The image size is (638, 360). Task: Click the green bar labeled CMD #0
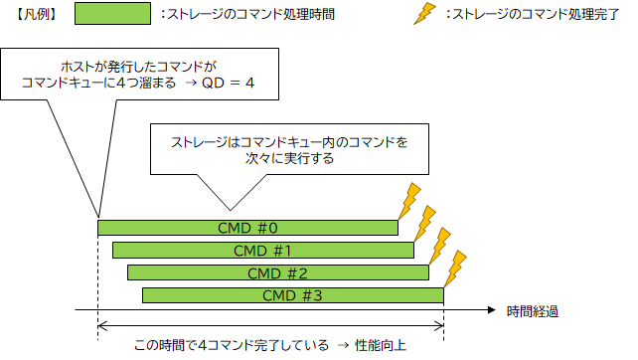pos(247,228)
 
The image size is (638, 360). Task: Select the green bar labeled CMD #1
pos(262,250)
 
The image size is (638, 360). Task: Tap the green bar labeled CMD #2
pos(277,271)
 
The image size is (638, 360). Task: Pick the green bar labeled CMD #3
pos(292,294)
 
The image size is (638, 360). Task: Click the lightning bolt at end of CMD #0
pos(408,201)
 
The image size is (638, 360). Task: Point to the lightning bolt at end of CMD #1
pos(424,223)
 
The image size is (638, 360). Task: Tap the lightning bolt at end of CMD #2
pos(439,246)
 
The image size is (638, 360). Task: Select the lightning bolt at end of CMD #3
pos(454,268)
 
